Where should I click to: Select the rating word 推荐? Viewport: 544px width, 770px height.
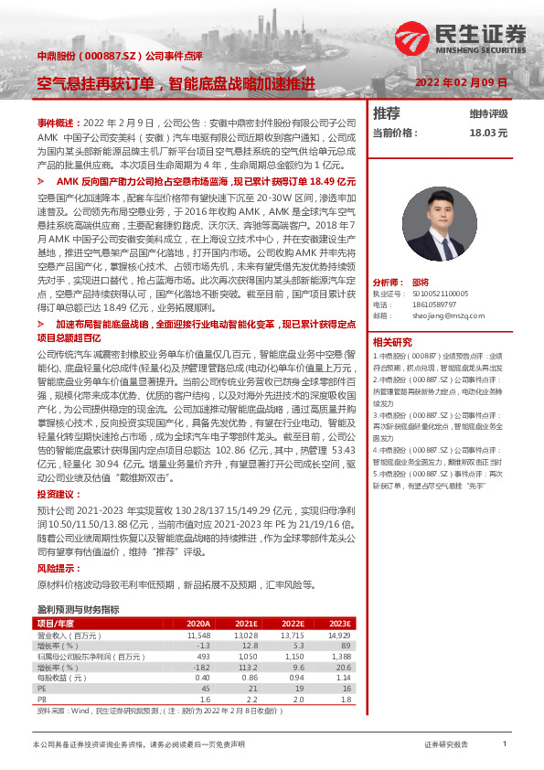click(x=387, y=113)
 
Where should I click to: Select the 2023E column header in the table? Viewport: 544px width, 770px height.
click(x=339, y=623)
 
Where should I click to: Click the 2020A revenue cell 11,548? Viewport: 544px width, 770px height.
click(x=198, y=634)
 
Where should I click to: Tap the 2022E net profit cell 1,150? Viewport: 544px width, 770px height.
click(x=291, y=656)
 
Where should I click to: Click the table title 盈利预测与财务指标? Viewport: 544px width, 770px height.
click(x=78, y=609)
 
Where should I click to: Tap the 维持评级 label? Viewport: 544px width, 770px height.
click(x=488, y=113)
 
